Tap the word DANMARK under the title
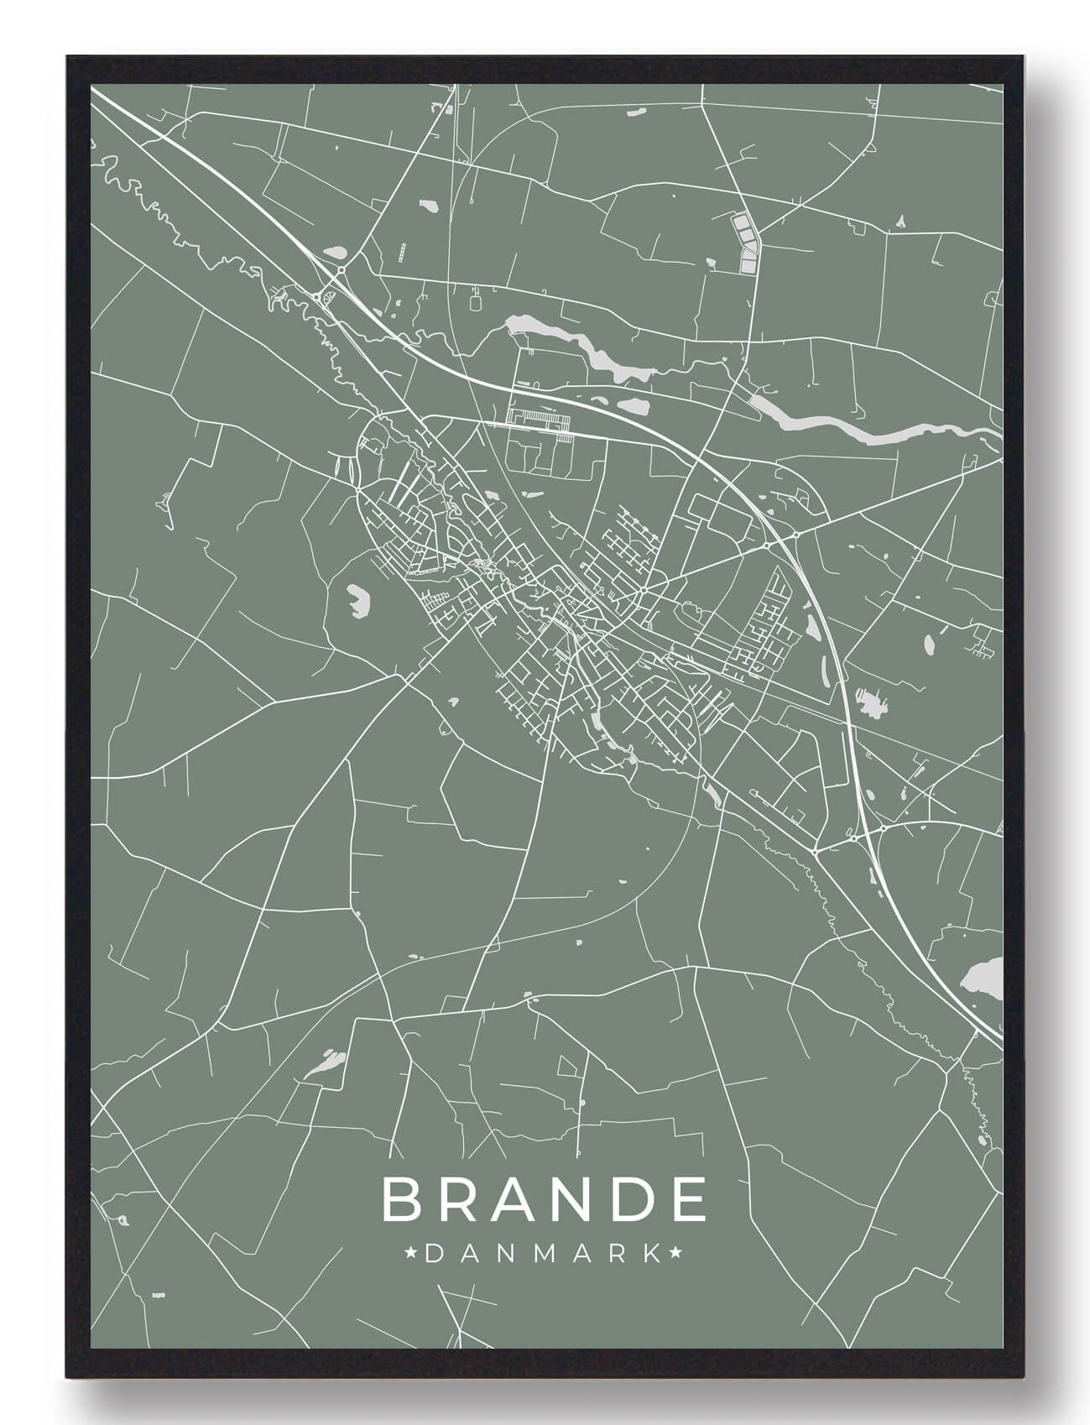[x=544, y=1255]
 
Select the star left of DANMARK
[x=412, y=1255]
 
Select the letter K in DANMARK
[x=650, y=1255]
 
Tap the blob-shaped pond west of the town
[x=358, y=600]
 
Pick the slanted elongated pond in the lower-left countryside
[x=325, y=1064]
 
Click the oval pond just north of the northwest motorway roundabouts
[x=336, y=250]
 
